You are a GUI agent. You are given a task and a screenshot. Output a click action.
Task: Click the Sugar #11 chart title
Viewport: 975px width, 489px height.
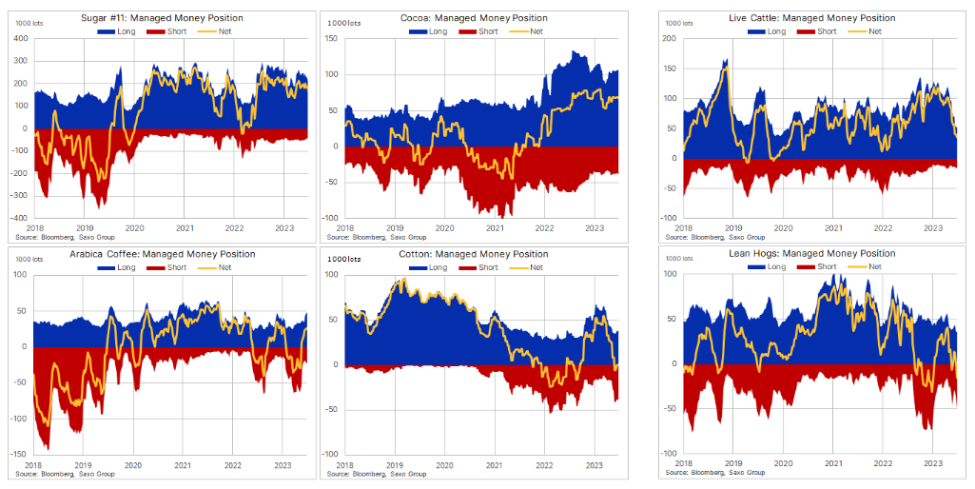click(x=162, y=18)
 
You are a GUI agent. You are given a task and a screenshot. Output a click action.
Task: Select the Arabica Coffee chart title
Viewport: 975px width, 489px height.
click(x=162, y=254)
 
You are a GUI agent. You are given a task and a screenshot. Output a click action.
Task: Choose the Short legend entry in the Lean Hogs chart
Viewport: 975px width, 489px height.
click(x=818, y=267)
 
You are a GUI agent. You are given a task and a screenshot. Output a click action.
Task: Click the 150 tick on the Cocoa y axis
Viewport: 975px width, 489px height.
click(x=332, y=38)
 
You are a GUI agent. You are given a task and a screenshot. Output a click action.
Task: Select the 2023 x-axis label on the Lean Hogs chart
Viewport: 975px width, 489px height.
click(x=933, y=463)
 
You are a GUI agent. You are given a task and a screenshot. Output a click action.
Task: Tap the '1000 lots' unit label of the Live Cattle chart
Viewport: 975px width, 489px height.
click(x=679, y=22)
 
